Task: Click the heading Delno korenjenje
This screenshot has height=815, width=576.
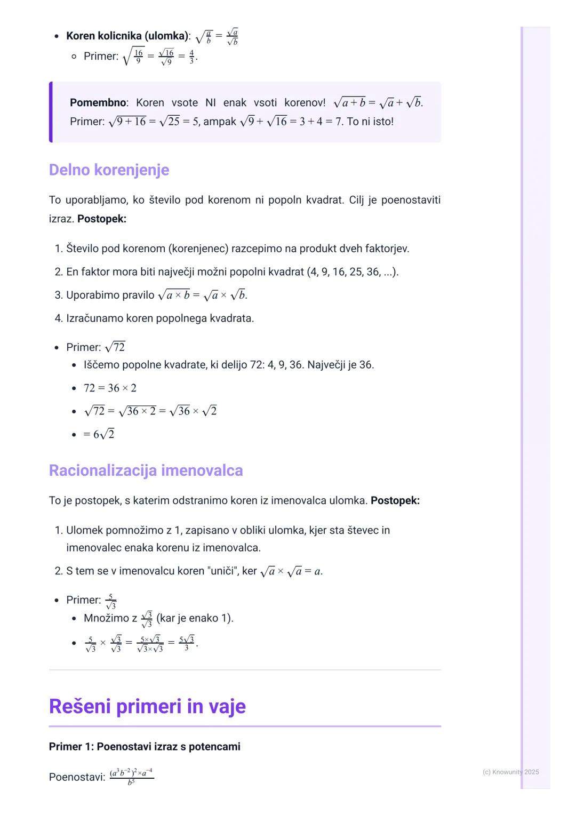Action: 109,170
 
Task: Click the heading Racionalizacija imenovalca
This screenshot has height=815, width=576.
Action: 146,470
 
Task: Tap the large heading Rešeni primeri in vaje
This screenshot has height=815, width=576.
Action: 147,706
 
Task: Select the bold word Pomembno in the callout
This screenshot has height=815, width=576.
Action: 98,102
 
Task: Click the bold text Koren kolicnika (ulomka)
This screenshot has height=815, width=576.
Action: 127,36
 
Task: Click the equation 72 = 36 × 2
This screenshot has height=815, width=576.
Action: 110,388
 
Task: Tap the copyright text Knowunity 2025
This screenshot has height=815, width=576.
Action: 510,772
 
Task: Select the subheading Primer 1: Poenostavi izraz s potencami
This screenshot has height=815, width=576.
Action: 145,746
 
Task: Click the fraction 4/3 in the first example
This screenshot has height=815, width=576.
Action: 192,56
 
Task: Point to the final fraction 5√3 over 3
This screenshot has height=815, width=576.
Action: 187,643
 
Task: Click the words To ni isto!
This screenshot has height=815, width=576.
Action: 370,122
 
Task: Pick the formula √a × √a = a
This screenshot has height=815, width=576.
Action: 291,571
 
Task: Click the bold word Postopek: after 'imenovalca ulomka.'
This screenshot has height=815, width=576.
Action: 395,500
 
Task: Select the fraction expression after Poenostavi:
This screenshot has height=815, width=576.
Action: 132,777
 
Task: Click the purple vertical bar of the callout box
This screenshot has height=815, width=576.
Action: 51,112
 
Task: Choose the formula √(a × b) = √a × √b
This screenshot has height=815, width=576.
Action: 203,295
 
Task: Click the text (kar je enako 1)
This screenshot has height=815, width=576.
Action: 195,618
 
